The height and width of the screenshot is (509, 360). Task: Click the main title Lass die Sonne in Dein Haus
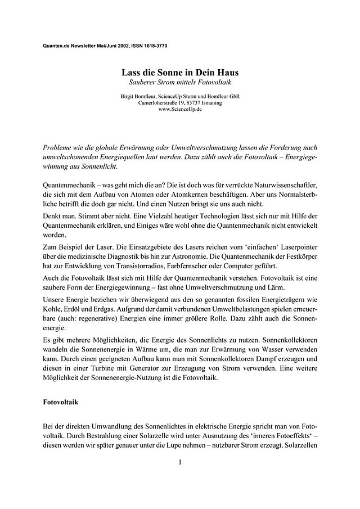click(x=179, y=73)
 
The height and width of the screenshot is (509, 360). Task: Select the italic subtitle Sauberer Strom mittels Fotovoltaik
click(x=179, y=83)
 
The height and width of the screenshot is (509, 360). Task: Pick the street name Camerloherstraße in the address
click(x=160, y=103)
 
